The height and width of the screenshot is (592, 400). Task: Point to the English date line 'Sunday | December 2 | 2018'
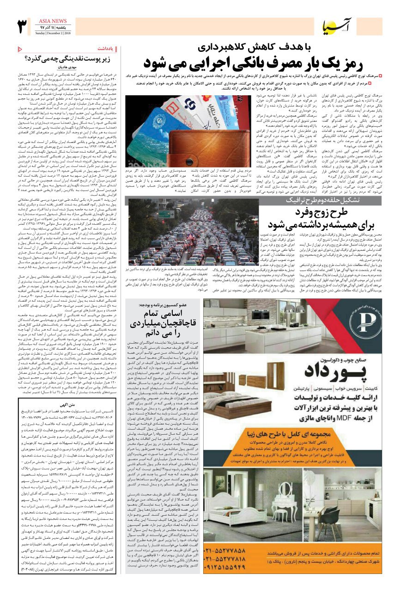tap(52, 33)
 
